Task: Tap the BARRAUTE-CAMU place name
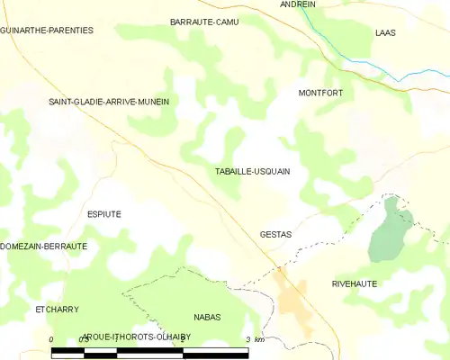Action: pos(204,21)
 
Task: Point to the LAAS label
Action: pos(385,31)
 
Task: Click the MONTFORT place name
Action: pos(322,93)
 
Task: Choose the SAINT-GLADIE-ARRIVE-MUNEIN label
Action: pos(109,102)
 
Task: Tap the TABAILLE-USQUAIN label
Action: pos(253,171)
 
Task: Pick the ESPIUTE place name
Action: pos(103,213)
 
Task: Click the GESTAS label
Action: pos(275,234)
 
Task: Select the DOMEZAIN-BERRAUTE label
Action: pos(44,246)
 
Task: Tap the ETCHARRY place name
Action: pos(58,310)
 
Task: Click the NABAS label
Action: pos(207,318)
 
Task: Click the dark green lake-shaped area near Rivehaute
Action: pos(389,232)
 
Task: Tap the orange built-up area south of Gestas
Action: pos(293,304)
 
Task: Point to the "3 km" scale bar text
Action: pos(254,339)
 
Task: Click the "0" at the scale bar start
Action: pos(52,339)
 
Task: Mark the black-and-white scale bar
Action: pos(149,352)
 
